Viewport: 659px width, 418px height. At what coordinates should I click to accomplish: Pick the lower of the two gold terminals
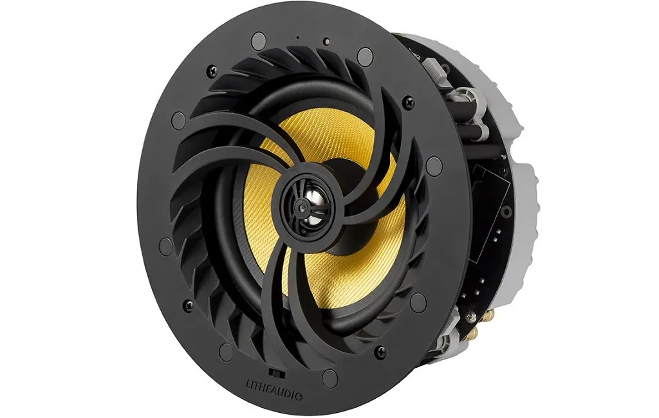[475, 334]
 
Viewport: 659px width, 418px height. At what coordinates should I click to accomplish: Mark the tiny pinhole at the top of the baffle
[298, 38]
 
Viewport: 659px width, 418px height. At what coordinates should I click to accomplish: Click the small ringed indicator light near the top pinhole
[326, 41]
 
